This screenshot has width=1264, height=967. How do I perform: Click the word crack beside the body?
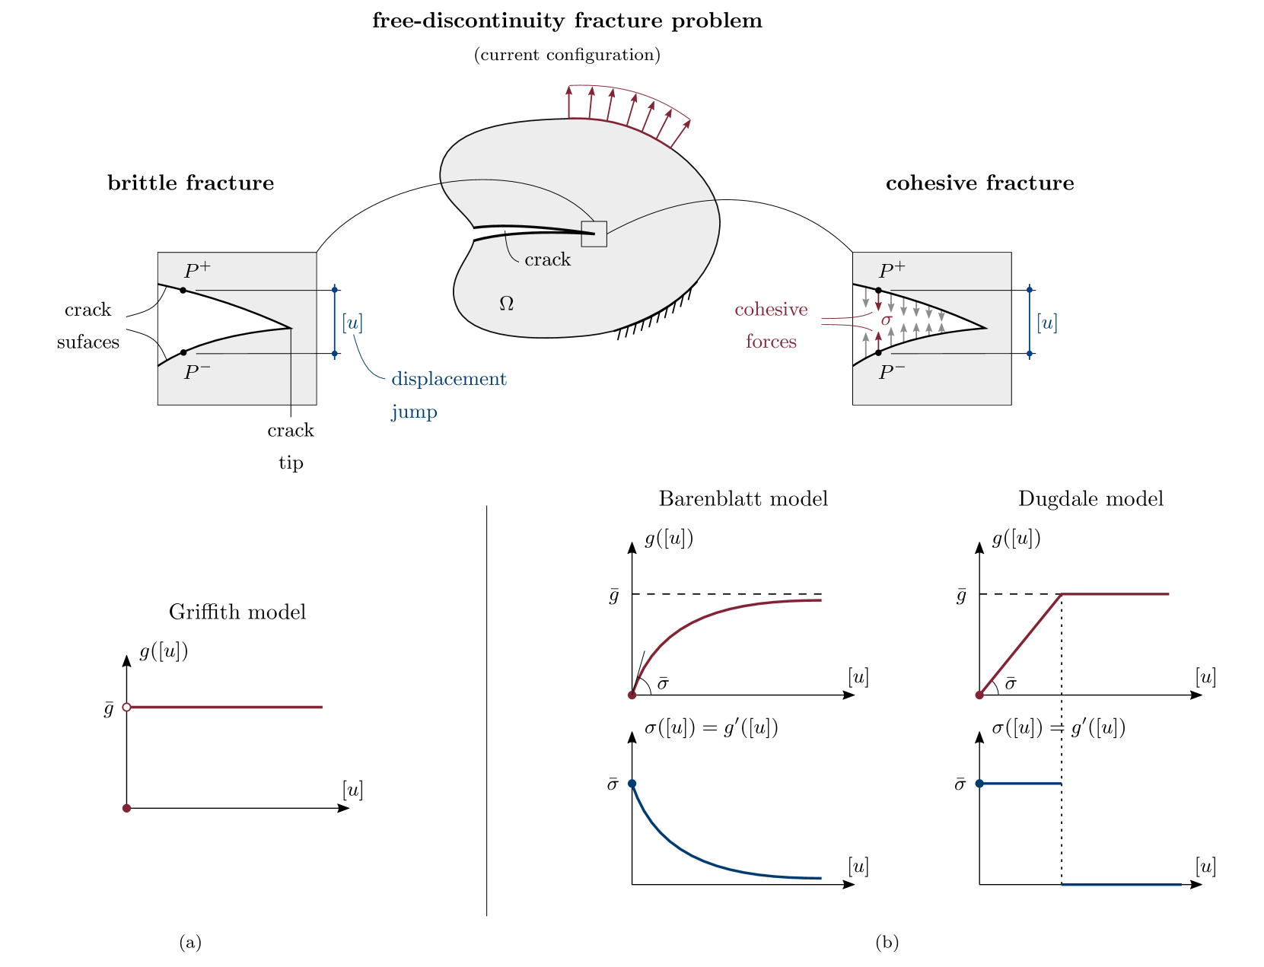click(x=547, y=260)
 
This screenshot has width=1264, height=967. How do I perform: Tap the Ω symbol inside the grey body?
click(x=506, y=304)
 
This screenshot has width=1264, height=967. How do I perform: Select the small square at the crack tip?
click(x=594, y=234)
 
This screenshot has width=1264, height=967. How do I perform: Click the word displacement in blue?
click(x=449, y=379)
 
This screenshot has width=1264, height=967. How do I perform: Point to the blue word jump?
click(x=414, y=412)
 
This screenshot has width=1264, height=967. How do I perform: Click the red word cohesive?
click(x=771, y=310)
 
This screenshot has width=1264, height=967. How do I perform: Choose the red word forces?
click(x=771, y=342)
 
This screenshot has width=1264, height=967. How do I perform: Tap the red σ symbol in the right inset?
click(x=886, y=320)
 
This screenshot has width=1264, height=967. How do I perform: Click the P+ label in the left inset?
click(x=197, y=270)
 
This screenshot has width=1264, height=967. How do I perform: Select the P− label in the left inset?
click(x=197, y=372)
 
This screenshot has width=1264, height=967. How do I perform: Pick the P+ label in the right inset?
click(x=892, y=270)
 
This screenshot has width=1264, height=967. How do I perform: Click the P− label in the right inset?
click(x=892, y=372)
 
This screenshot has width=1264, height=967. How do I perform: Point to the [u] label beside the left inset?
click(x=352, y=323)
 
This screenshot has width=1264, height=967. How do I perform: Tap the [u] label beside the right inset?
click(x=1047, y=323)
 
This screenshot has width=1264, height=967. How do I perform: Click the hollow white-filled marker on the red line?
click(x=126, y=708)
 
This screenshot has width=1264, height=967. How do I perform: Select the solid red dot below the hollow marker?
click(x=126, y=808)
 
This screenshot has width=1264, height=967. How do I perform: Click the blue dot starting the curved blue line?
click(x=632, y=784)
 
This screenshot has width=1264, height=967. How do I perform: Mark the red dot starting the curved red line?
click(x=632, y=695)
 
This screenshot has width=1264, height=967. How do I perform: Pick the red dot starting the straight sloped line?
click(x=979, y=695)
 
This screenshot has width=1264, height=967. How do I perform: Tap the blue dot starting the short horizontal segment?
click(x=979, y=784)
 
